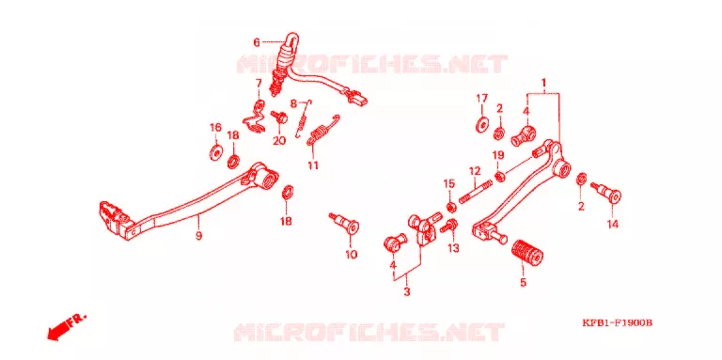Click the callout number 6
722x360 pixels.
point(257,43)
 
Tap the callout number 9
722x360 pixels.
point(198,236)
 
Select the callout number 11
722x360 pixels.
point(313,165)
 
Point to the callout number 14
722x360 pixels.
point(612,225)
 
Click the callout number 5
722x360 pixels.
point(523,282)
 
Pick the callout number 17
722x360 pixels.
point(481,98)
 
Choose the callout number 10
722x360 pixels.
point(352,254)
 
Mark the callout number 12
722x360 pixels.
point(475,171)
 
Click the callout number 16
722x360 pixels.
point(215,128)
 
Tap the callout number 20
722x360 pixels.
point(279,141)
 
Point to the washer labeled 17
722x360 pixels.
point(482,126)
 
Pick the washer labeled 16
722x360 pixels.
point(215,152)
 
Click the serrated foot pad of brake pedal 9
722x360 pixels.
point(112,215)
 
